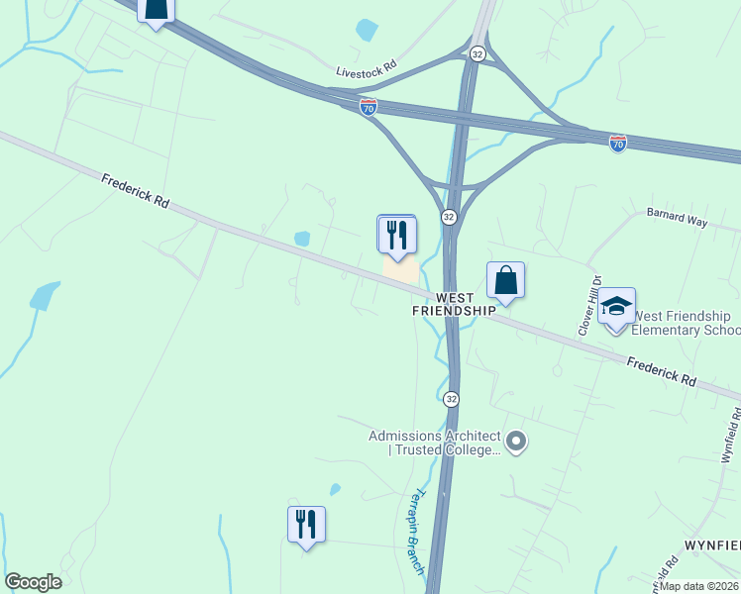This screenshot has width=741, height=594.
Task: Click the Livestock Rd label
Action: pyautogui.click(x=367, y=70)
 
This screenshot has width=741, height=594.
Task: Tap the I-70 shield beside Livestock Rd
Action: pyautogui.click(x=369, y=104)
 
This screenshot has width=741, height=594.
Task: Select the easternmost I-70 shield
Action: pyautogui.click(x=618, y=143)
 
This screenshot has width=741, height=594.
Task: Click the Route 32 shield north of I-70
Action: pyautogui.click(x=478, y=53)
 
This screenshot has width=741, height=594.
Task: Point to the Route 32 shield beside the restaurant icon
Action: pyautogui.click(x=449, y=217)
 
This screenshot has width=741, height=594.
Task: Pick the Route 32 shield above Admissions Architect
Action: pyautogui.click(x=451, y=398)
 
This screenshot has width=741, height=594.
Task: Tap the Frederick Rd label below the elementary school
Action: pyautogui.click(x=661, y=371)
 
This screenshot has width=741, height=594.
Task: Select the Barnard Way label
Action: pyautogui.click(x=677, y=219)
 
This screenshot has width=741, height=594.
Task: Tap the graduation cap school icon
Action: pyautogui.click(x=616, y=307)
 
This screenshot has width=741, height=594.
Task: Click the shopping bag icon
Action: pyautogui.click(x=505, y=280)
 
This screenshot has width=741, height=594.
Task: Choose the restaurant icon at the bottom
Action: pyautogui.click(x=306, y=523)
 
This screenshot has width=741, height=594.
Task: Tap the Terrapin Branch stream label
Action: pyautogui.click(x=416, y=532)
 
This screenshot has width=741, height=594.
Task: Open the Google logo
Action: pyautogui.click(x=33, y=582)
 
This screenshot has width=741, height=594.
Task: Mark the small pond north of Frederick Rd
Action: pyautogui.click(x=302, y=239)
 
